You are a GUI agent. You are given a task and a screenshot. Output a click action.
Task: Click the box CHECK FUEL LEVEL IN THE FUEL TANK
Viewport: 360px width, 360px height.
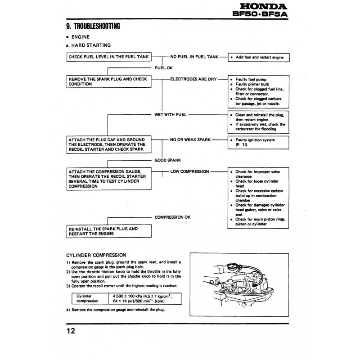point(108,58)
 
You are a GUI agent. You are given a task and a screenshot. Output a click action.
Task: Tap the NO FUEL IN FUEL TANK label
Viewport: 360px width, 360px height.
point(194,58)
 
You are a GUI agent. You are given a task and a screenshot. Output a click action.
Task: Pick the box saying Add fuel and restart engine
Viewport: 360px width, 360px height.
point(258,58)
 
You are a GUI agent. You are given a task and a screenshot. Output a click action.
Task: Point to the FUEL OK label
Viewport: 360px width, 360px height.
point(164,68)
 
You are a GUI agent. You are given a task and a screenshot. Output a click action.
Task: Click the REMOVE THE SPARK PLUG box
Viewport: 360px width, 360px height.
point(108,81)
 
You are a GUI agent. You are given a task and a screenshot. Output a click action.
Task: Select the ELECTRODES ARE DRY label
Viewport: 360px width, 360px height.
point(193,79)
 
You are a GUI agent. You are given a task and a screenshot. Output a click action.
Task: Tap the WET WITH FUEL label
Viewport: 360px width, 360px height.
point(171,115)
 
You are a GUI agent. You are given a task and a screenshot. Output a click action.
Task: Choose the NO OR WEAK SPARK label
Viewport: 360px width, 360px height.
point(191,139)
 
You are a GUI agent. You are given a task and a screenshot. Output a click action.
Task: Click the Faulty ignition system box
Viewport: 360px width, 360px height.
point(258,142)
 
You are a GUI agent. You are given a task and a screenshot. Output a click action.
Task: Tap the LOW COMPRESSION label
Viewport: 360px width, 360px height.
point(189,171)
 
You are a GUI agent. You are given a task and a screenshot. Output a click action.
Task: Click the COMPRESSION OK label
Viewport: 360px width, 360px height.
point(172,217)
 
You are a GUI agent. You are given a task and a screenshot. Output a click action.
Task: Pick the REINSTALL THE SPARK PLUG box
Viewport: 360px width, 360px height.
point(108,231)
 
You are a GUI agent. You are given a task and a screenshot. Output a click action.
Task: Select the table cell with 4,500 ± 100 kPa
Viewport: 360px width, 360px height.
point(142,299)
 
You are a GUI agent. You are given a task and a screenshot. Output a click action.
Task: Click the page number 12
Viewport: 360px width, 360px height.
point(71,332)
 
